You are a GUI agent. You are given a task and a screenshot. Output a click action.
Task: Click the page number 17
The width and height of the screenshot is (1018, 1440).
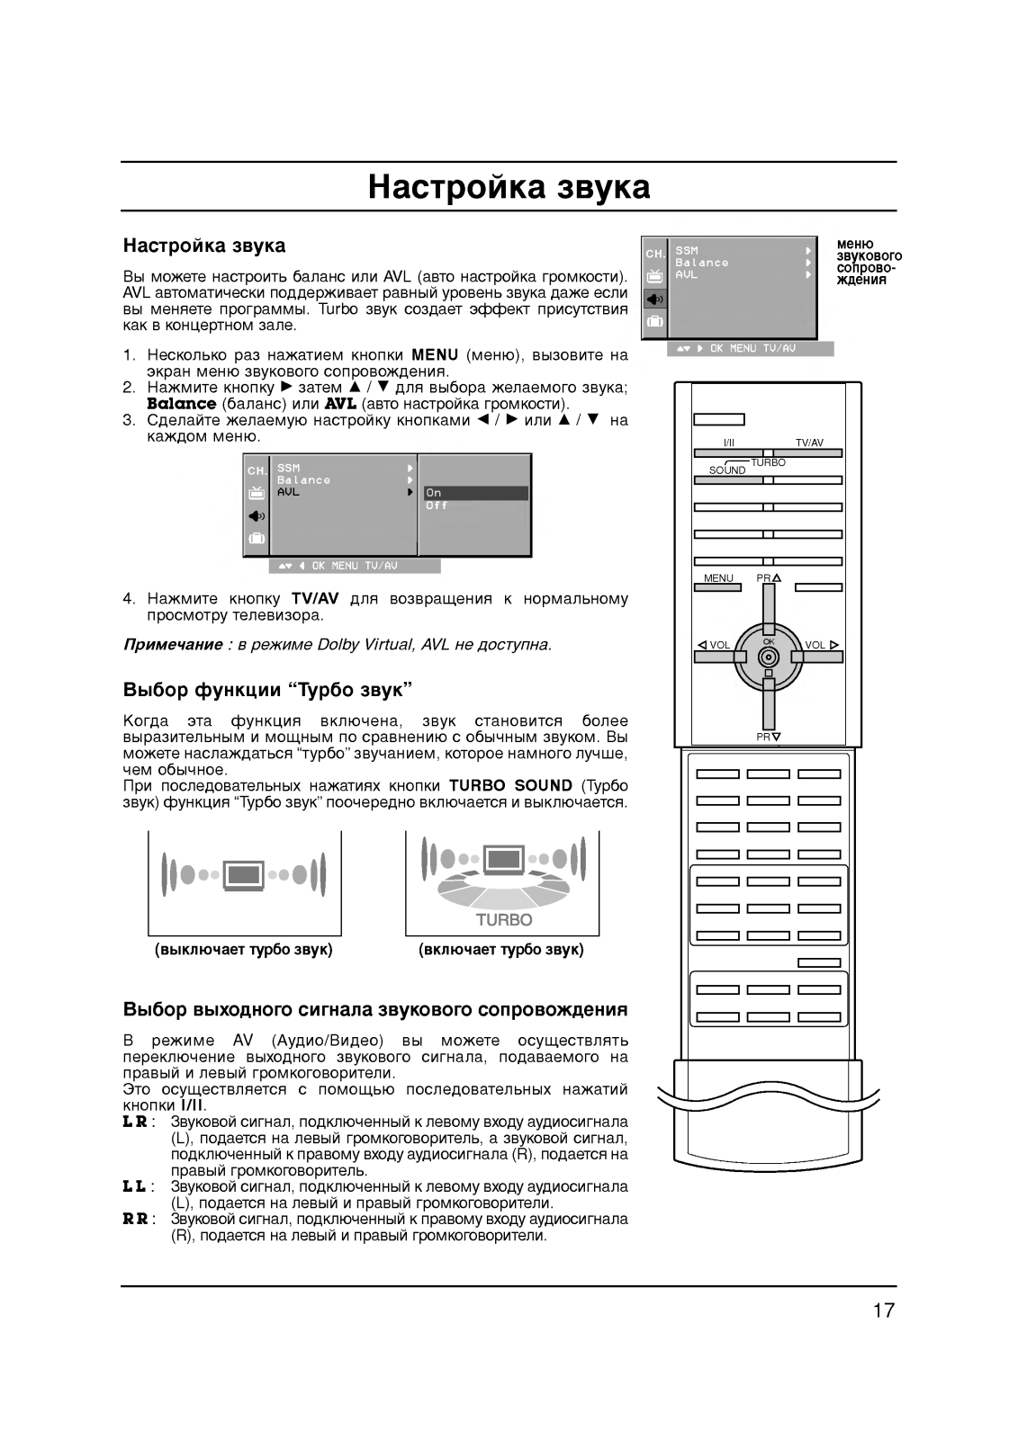point(883,1310)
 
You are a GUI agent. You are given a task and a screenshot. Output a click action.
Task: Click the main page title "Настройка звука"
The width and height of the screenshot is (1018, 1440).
point(509,187)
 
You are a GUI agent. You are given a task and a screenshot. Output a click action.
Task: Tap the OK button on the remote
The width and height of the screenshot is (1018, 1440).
point(768,656)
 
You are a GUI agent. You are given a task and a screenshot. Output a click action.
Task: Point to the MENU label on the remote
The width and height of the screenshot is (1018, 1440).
point(718,578)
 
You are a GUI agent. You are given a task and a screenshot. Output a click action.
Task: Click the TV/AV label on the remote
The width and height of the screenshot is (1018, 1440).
point(809,443)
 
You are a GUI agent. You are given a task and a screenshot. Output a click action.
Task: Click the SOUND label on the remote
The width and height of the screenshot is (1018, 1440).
point(727,470)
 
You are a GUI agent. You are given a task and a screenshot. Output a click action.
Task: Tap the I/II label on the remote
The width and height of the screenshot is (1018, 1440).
point(728,443)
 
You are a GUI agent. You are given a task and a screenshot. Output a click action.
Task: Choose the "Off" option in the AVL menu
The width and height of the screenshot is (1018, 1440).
point(437,505)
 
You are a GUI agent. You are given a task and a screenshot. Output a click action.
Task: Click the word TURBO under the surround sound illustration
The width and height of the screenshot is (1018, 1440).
point(504,919)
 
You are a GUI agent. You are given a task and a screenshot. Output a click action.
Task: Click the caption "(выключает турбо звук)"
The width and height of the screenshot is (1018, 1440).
point(244,950)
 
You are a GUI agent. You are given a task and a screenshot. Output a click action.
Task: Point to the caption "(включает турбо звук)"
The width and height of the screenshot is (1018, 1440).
point(501,950)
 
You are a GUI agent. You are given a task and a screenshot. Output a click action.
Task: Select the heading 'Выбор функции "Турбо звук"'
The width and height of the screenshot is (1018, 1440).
point(267,690)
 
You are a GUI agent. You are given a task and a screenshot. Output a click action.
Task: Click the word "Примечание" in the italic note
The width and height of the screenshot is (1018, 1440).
point(172,645)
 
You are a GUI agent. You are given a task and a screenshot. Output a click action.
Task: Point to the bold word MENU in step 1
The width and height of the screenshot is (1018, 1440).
point(435,354)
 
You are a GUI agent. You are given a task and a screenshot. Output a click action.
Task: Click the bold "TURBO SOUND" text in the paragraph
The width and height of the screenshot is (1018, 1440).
point(510,785)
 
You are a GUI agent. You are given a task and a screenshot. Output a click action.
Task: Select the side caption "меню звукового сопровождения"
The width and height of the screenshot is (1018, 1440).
point(869,261)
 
